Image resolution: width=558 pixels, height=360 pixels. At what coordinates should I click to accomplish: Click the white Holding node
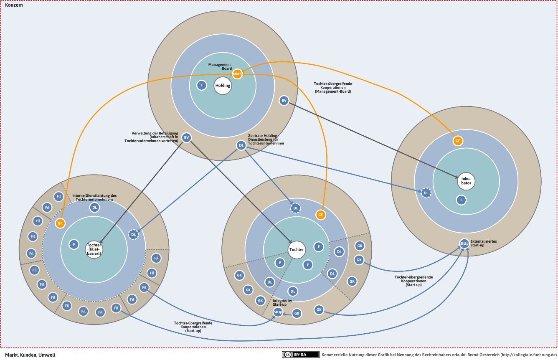223,86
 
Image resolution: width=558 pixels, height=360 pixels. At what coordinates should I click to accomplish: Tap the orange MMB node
237,74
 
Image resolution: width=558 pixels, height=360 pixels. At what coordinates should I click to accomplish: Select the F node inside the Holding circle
202,85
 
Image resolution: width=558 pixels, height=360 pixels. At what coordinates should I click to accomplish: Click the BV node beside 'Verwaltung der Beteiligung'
187,137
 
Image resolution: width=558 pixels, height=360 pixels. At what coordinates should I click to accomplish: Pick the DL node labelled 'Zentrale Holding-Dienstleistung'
241,145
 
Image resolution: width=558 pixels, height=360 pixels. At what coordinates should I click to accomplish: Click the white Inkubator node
466,181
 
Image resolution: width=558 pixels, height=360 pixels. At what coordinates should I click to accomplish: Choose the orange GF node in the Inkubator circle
458,141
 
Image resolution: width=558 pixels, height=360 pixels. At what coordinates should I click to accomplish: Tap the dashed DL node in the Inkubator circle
426,193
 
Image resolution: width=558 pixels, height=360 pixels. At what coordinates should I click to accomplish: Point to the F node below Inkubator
461,200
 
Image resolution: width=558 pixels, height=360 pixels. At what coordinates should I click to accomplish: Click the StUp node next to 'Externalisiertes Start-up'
464,243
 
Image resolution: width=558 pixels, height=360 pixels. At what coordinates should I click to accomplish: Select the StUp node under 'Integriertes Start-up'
278,312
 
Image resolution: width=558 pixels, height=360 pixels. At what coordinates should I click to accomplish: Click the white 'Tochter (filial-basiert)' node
94,249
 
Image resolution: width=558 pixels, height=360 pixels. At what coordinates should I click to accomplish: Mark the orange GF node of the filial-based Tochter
61,223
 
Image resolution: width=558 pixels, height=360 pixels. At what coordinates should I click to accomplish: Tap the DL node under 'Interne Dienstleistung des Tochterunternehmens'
95,208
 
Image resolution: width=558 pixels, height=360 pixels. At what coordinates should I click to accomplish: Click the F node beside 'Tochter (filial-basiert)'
74,244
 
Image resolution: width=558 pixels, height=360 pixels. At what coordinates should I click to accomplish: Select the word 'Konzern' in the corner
14,5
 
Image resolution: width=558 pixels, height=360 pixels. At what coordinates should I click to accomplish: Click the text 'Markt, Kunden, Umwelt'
30,355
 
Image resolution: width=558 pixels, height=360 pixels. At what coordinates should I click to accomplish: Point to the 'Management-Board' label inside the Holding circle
220,66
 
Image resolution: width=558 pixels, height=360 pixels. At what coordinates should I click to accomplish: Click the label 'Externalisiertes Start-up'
484,243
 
